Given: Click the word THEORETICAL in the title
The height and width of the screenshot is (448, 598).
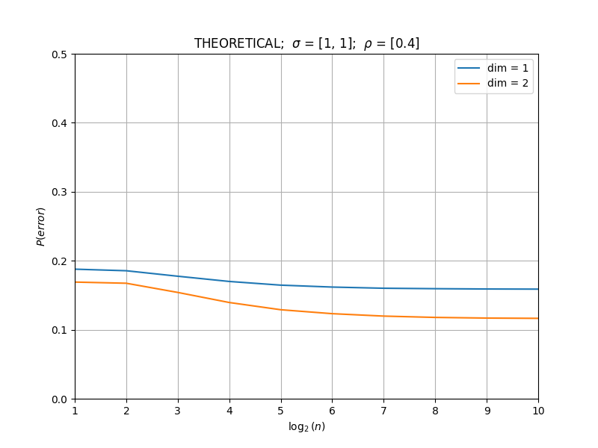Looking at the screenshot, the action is coord(238,43).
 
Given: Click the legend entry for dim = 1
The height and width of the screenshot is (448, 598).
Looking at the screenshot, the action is coord(493,68).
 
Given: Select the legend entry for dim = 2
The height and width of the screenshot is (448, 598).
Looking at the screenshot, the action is coord(493,83).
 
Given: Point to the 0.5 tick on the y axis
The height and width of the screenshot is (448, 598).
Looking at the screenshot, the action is coord(59,55).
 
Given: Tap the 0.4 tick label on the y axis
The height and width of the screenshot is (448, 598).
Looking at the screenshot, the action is coord(59,123).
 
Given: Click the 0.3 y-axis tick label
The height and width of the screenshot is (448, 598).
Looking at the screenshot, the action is coord(59,192).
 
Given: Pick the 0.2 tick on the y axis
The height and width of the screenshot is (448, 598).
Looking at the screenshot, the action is coord(59,261).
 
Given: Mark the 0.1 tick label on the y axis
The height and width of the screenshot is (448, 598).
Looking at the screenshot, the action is coord(59,330).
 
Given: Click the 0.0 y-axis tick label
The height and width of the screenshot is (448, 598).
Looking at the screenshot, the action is coord(59,399).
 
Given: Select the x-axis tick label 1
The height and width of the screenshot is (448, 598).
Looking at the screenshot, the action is coord(75,411).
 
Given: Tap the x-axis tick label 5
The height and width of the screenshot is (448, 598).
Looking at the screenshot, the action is coord(281,411).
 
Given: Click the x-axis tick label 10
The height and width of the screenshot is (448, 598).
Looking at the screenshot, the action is coord(538,411).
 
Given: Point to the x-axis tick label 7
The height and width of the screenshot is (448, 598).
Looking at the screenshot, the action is coord(384,411).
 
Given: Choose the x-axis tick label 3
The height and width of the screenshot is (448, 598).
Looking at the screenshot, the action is coord(178,411).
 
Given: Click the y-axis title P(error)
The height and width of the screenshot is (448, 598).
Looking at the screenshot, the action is coord(41,227).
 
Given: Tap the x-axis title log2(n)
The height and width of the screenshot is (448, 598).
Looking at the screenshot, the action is coord(306,426).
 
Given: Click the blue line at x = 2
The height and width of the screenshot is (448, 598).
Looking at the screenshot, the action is coord(126,271).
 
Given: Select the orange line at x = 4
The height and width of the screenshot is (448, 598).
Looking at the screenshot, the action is coord(229,302).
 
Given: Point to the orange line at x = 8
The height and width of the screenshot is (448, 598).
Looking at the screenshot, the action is coord(436,317).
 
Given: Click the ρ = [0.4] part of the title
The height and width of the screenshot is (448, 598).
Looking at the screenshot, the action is coord(392,43).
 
